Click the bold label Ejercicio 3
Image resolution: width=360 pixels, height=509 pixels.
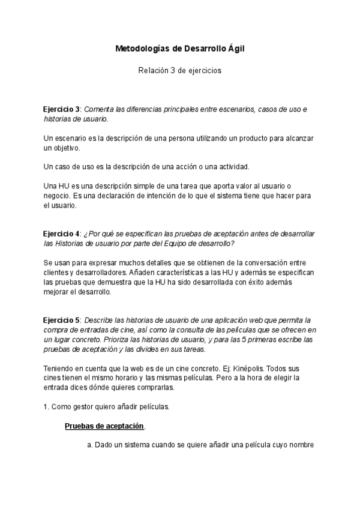click(62, 109)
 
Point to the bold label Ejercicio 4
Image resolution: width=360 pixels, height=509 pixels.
click(62, 233)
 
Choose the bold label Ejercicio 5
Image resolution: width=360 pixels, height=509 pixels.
click(62, 320)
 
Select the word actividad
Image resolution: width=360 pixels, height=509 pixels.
click(230, 166)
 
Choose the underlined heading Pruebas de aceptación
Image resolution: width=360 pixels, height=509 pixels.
click(104, 426)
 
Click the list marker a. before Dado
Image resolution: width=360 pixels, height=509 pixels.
click(90, 445)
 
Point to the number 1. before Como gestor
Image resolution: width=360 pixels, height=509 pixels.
click(46, 406)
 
